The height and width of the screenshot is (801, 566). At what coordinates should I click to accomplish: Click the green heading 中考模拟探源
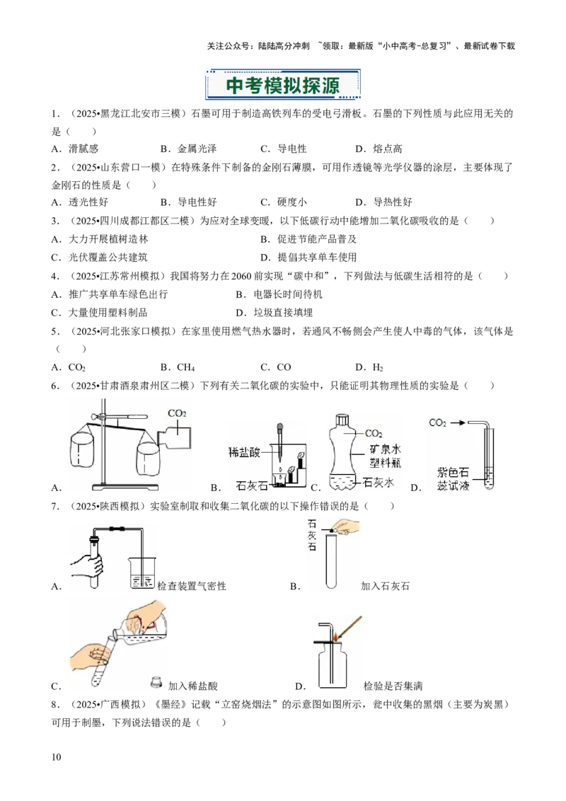[282, 85]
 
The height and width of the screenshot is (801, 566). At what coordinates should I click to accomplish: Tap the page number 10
[56, 757]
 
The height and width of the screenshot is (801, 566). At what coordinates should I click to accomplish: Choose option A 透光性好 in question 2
[80, 202]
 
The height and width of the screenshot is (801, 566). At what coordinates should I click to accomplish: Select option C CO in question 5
[276, 367]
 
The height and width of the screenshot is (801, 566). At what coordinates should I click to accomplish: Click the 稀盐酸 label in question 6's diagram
[244, 452]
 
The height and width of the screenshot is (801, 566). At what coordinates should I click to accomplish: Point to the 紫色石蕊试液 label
[453, 479]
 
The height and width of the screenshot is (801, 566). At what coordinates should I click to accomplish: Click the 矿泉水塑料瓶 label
[385, 456]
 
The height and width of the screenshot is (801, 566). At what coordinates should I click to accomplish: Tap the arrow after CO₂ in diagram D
[458, 422]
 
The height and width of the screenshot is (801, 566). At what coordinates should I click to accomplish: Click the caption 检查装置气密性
[192, 586]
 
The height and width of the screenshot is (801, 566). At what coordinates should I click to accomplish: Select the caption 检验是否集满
[393, 686]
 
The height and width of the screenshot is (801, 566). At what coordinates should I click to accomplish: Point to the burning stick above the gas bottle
[347, 628]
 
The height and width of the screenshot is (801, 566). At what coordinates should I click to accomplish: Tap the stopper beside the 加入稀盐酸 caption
[156, 682]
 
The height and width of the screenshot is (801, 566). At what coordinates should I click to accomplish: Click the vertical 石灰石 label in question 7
[312, 535]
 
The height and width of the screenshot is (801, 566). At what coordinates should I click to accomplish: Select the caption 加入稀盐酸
[193, 686]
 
